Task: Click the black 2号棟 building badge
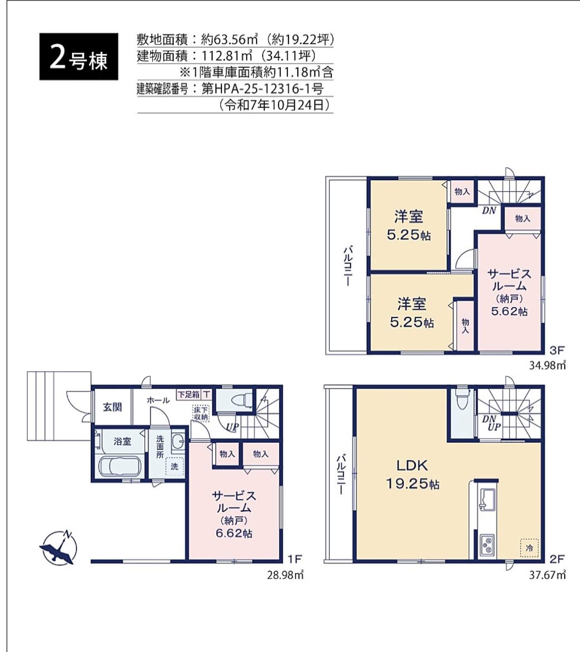point(79,56)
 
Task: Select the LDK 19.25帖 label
point(412,474)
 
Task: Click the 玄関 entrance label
point(112,407)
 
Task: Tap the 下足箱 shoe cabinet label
point(189,395)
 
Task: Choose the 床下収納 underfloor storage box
point(201,413)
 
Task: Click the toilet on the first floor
point(242,401)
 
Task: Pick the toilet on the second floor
point(462,399)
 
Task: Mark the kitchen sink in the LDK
point(487,499)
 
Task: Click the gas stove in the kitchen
point(486,545)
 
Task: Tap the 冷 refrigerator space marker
point(529,548)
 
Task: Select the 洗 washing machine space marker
point(175,466)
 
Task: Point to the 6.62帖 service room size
point(234,533)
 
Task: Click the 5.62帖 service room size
point(509,311)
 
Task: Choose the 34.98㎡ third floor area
point(547,365)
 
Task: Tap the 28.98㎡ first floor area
point(285,575)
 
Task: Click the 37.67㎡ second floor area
point(547,575)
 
